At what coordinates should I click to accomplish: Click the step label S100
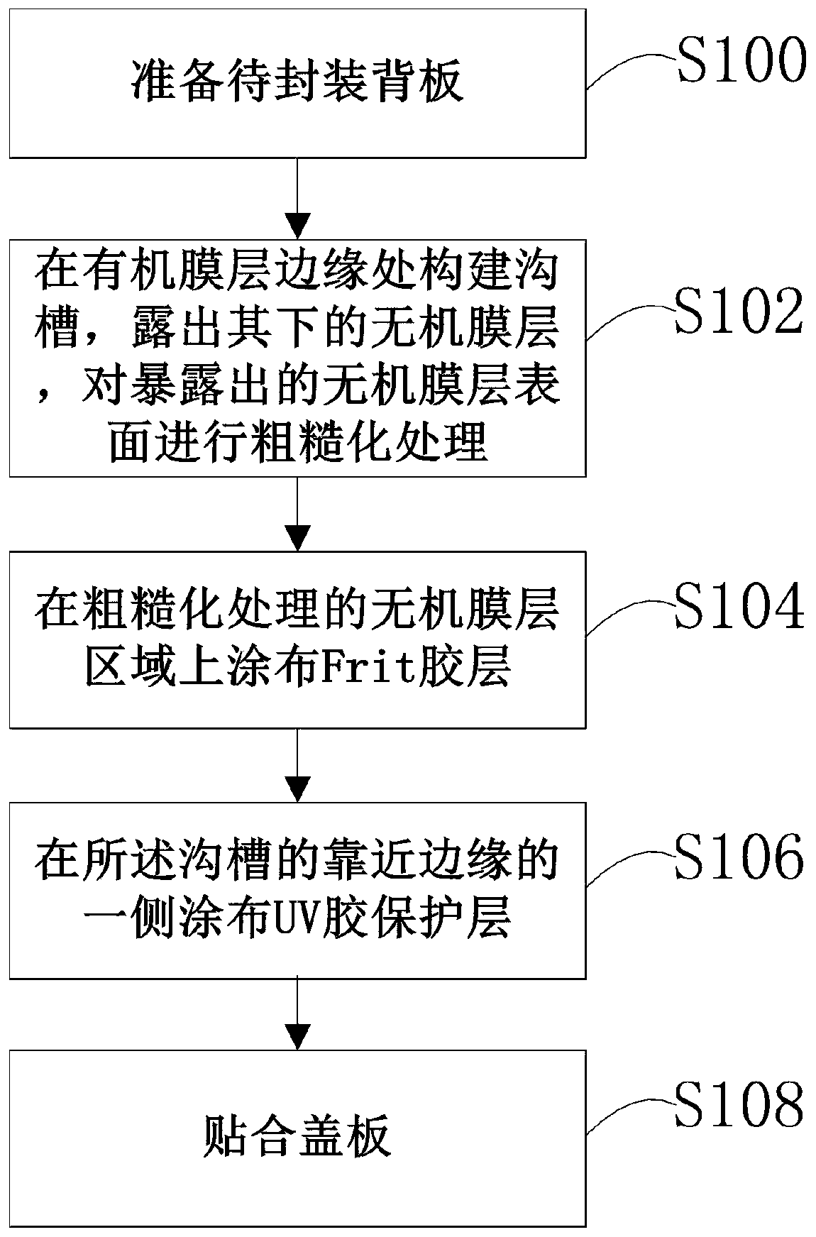click(x=742, y=60)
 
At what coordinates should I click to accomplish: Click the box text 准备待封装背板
click(x=297, y=82)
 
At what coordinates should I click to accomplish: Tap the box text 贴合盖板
click(x=297, y=1136)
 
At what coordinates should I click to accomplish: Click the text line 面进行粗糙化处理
click(x=297, y=444)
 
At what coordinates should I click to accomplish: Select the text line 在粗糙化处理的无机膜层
click(x=297, y=609)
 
